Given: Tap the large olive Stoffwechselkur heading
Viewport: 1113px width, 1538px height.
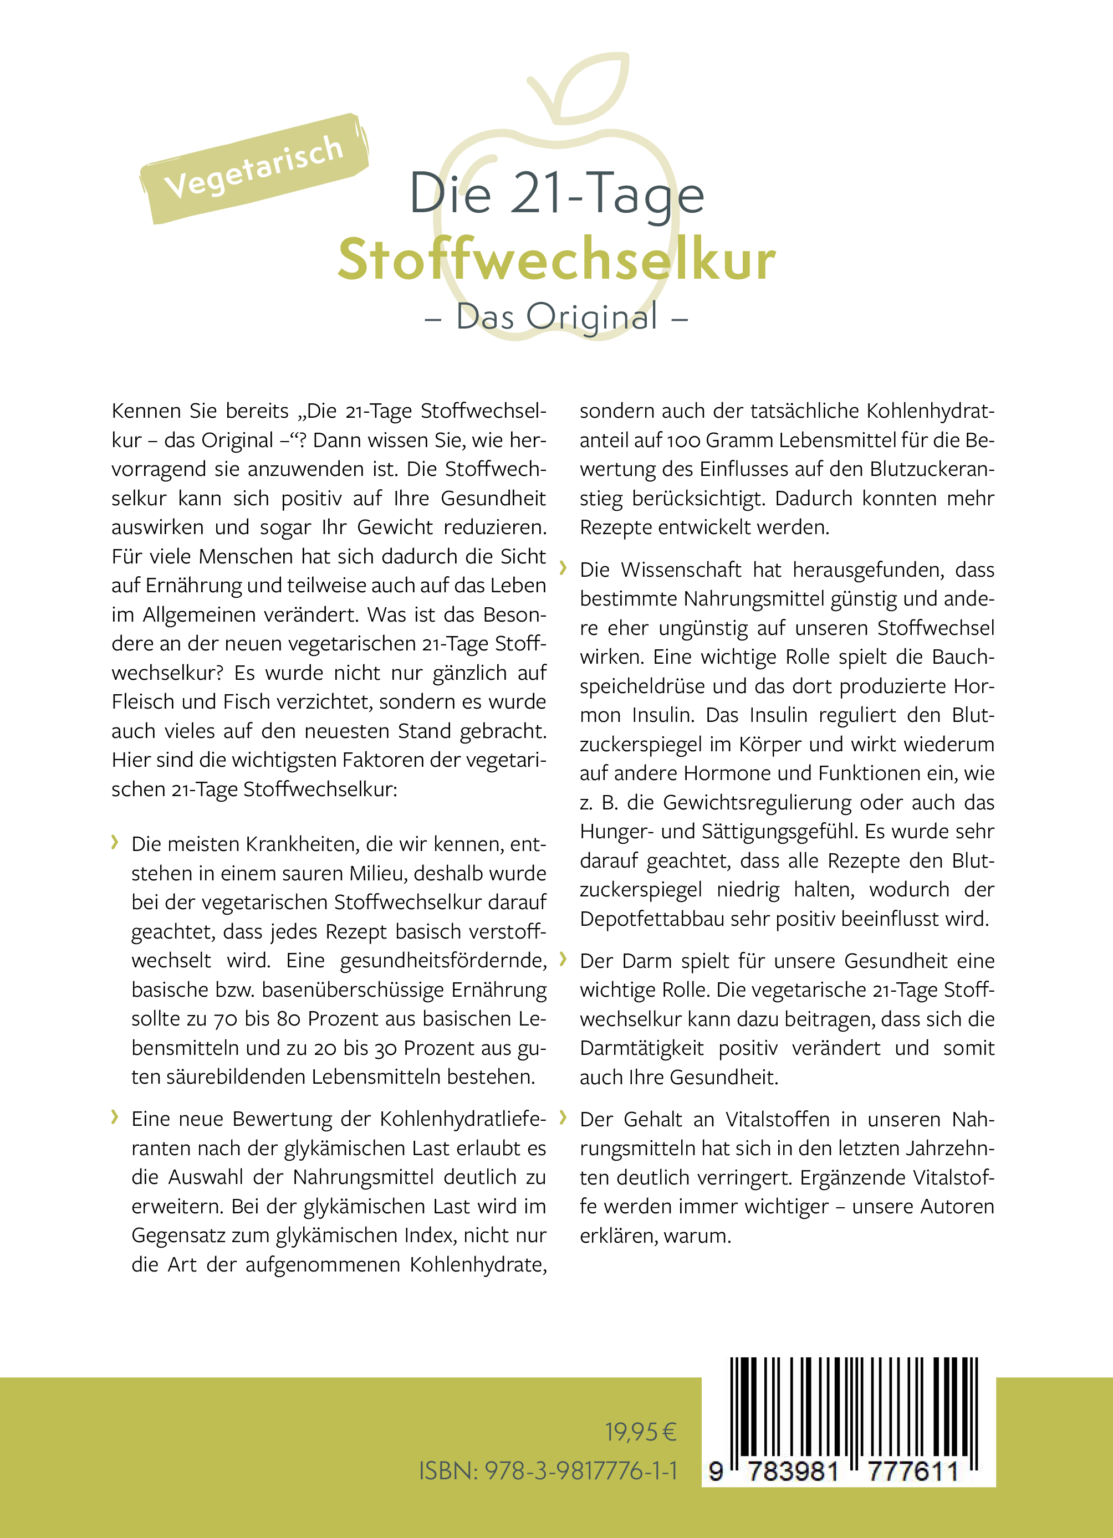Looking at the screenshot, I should pos(556,260).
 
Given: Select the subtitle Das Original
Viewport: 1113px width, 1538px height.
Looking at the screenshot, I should pos(556,316).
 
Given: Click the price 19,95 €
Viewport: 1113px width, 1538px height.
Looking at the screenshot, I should pos(640,1432).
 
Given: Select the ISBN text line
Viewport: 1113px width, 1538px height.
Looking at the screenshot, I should pos(548,1470).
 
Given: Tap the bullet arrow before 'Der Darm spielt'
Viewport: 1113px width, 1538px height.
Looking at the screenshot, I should pos(562,959).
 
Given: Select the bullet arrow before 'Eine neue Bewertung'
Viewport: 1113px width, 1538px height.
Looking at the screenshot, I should pos(115,1117).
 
